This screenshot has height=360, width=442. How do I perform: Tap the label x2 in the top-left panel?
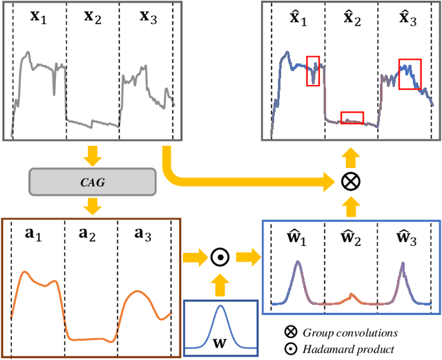(x=93, y=17)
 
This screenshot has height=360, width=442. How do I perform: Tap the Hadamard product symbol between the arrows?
(x=220, y=258)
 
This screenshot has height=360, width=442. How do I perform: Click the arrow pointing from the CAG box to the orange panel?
(x=90, y=205)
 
